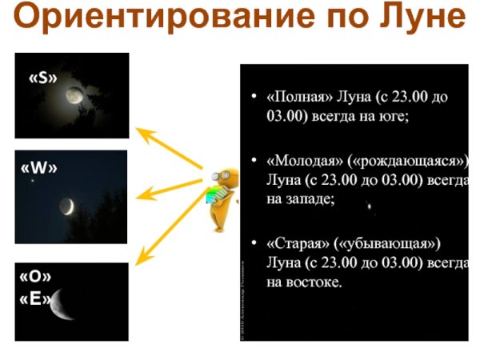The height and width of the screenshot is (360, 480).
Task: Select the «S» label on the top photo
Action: click(44, 78)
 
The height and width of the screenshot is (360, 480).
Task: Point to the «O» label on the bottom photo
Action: click(34, 277)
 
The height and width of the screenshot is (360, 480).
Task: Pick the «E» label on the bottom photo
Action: click(34, 300)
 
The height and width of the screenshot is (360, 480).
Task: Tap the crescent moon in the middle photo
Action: click(70, 206)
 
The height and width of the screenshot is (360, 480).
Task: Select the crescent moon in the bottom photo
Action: click(60, 305)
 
